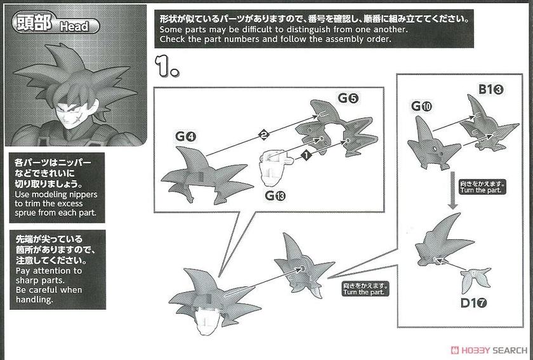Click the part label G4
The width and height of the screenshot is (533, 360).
point(185,137)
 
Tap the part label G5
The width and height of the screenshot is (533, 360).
point(348,98)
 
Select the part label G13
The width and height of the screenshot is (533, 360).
point(275,196)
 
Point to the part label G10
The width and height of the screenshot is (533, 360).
point(421,106)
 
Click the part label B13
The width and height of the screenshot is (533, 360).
point(491,89)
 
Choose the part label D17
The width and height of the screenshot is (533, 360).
point(473,302)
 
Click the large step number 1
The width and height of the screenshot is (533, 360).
point(166,66)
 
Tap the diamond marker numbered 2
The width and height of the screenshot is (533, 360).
point(263,135)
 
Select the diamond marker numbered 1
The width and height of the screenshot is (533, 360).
point(306,156)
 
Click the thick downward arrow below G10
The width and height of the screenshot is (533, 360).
point(452,190)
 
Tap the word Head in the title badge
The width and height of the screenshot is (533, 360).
point(74,26)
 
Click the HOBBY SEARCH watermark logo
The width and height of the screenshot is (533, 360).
point(489,350)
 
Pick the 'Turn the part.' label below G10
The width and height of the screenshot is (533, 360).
point(482,187)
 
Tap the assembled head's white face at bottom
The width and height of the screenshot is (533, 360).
point(207,321)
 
